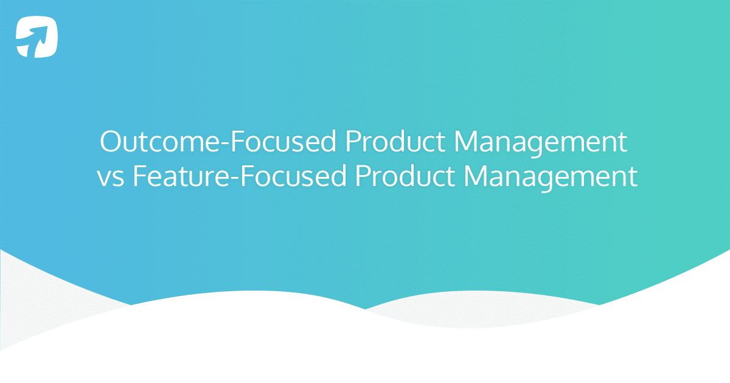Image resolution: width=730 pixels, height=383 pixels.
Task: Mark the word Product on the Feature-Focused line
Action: coord(404,177)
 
